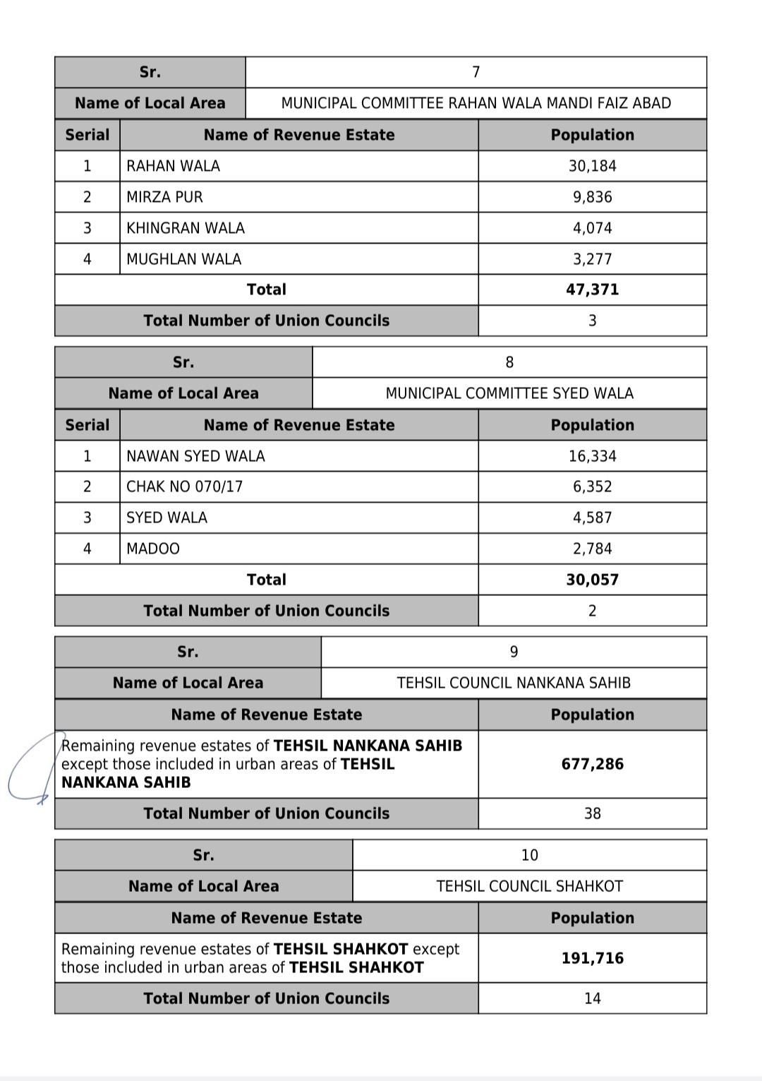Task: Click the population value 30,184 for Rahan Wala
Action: (592, 166)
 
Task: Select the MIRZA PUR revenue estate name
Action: (164, 197)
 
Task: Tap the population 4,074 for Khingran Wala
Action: (592, 228)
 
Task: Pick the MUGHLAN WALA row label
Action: (183, 259)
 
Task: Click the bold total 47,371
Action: (592, 289)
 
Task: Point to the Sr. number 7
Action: (476, 72)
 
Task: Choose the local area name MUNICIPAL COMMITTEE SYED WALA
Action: (509, 393)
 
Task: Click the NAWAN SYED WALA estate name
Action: (195, 456)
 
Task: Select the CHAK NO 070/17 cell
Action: (184, 486)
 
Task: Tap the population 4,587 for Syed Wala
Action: (592, 518)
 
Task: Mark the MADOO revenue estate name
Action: (153, 549)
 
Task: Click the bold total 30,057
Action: (592, 580)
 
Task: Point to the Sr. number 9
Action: (514, 652)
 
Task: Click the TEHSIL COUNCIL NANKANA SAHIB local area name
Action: (514, 683)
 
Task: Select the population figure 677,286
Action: (592, 764)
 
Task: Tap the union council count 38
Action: (592, 813)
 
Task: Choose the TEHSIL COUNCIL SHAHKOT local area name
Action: (529, 886)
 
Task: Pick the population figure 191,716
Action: (592, 958)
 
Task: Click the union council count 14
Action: (592, 998)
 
